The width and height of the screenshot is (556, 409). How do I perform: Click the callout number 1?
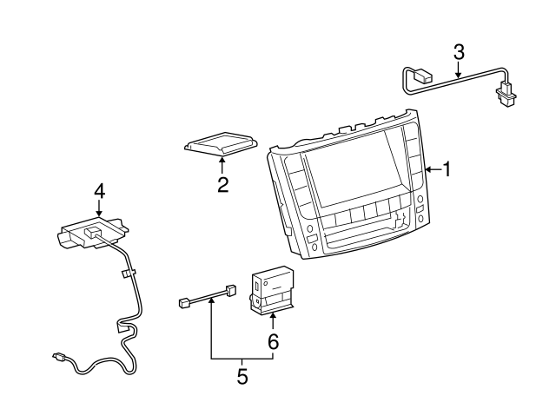click(x=447, y=169)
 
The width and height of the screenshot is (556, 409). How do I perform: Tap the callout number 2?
click(x=223, y=185)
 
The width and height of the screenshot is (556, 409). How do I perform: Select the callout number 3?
click(x=458, y=52)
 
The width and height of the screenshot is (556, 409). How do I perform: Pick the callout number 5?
click(x=242, y=377)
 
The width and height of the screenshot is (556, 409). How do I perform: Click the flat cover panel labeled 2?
click(x=222, y=143)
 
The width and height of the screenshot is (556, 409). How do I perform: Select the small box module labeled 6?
click(x=273, y=289)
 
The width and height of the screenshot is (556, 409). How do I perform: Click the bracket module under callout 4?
click(x=93, y=234)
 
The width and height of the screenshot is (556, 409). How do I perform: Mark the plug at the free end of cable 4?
click(x=57, y=356)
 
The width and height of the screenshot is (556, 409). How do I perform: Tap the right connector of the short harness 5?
click(x=230, y=290)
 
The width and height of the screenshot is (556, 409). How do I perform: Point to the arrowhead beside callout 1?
click(x=429, y=169)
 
